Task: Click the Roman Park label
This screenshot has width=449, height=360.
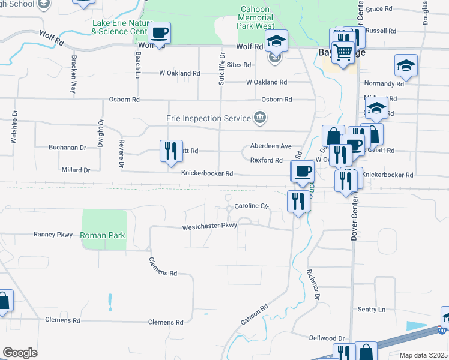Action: [x=103, y=236]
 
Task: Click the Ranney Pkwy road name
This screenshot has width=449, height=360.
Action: [x=53, y=235]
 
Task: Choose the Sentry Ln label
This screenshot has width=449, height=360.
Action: [x=371, y=310]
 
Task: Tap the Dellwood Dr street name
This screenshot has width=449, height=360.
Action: [x=328, y=338]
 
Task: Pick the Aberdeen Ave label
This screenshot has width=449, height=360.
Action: [x=271, y=146]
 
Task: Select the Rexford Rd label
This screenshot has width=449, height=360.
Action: [x=266, y=160]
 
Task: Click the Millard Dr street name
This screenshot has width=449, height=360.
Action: [x=76, y=170]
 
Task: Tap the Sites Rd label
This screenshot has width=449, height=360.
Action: [x=239, y=64]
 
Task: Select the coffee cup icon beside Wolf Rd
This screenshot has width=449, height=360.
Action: [x=159, y=32]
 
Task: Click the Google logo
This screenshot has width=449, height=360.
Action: [x=20, y=353]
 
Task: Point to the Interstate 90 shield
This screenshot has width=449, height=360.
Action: [x=442, y=331]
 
